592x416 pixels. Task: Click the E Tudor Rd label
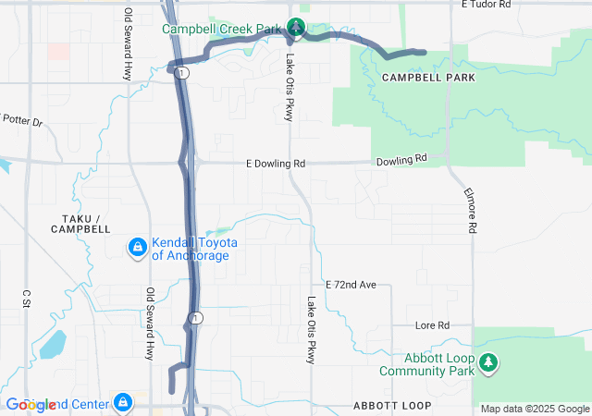click(485, 5)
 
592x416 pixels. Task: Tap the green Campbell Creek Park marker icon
click(295, 28)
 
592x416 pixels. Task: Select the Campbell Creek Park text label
click(222, 30)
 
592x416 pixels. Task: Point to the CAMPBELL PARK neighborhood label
click(428, 79)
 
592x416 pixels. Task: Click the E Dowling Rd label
click(276, 164)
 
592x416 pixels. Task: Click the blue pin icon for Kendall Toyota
click(137, 248)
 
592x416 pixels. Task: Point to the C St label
click(26, 298)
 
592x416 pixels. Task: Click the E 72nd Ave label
click(351, 285)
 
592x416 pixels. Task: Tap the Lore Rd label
click(432, 325)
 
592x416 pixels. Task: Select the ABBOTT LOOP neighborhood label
click(392, 407)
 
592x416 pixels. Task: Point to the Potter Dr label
click(22, 119)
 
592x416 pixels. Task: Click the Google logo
click(30, 405)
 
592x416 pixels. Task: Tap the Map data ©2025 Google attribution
click(535, 409)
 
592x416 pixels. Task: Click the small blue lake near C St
click(52, 345)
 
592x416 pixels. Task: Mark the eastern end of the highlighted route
click(423, 52)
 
